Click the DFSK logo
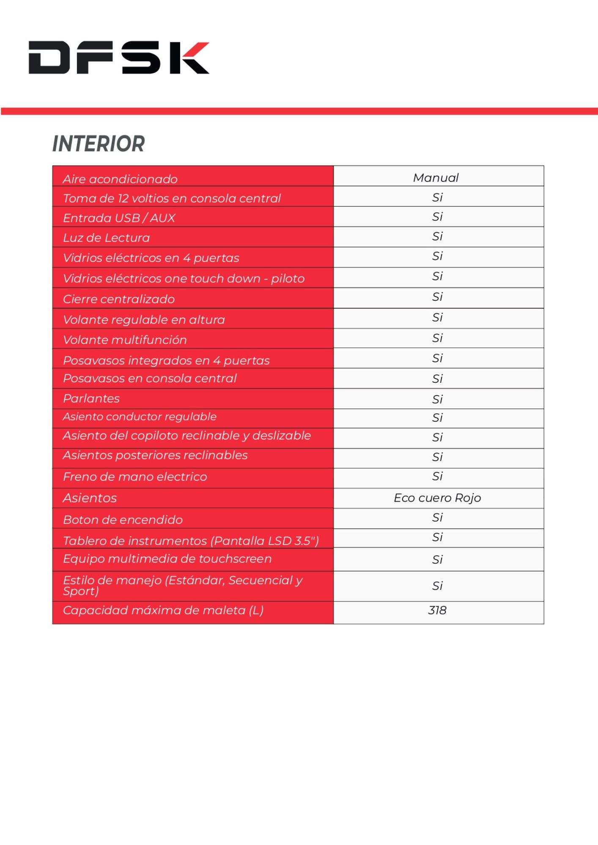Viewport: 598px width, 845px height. pos(119,58)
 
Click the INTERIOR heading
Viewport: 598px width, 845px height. pos(99,144)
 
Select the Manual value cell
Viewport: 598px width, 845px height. pos(436,178)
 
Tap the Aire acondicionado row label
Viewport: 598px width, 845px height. pos(120,179)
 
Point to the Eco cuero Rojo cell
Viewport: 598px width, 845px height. pos(437,498)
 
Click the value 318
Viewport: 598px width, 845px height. pos(437,611)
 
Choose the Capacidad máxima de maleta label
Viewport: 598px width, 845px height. pos(163,611)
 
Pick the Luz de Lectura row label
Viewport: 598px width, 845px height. pos(106,238)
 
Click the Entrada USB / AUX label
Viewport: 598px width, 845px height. pos(119,218)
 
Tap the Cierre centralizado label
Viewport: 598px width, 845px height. pos(119,299)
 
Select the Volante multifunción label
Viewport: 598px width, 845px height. pos(125,340)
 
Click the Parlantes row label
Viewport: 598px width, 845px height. pos(91,398)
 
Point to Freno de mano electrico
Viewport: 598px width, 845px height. pos(135,477)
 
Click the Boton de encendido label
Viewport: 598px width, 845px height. pos(123,520)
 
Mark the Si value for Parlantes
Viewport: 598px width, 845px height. pos(437,399)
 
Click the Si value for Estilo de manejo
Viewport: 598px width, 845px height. pos(437,586)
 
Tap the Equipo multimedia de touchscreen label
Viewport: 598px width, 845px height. pos(167,559)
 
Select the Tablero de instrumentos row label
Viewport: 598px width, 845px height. pos(191,541)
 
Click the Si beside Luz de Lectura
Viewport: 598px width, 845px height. pos(437,237)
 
